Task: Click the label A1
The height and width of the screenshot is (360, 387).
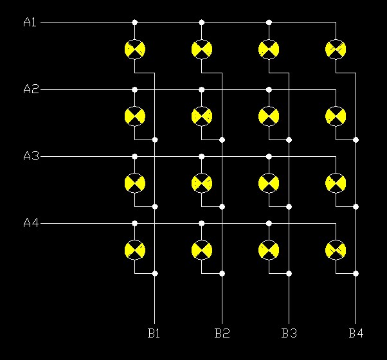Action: point(30,22)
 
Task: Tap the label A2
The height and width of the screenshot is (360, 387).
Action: point(30,89)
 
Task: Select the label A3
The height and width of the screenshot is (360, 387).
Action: point(30,156)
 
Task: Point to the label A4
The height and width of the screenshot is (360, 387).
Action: point(30,223)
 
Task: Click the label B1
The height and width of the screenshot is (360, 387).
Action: point(154,333)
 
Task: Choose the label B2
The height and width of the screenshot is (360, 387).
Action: point(222,333)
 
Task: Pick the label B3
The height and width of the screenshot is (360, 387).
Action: point(289,333)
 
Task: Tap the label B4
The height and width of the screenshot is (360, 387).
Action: point(356,333)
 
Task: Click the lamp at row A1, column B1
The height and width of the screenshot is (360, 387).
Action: point(134,49)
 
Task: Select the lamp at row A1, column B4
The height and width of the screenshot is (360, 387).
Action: point(336,49)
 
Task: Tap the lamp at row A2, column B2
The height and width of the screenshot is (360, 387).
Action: point(201,116)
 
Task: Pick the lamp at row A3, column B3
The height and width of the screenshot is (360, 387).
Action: point(269,183)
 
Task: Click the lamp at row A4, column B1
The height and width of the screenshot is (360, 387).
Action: point(134,249)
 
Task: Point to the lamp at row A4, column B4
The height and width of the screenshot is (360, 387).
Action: point(336,249)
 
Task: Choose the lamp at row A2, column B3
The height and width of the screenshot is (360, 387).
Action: point(269,116)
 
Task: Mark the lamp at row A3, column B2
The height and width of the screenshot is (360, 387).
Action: point(201,183)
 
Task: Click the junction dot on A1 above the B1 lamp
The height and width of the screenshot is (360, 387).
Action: point(134,22)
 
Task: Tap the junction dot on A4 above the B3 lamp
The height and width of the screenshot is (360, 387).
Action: point(269,223)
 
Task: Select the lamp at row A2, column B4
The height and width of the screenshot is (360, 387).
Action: point(336,116)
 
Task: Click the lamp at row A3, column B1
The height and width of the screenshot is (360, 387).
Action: point(134,183)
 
